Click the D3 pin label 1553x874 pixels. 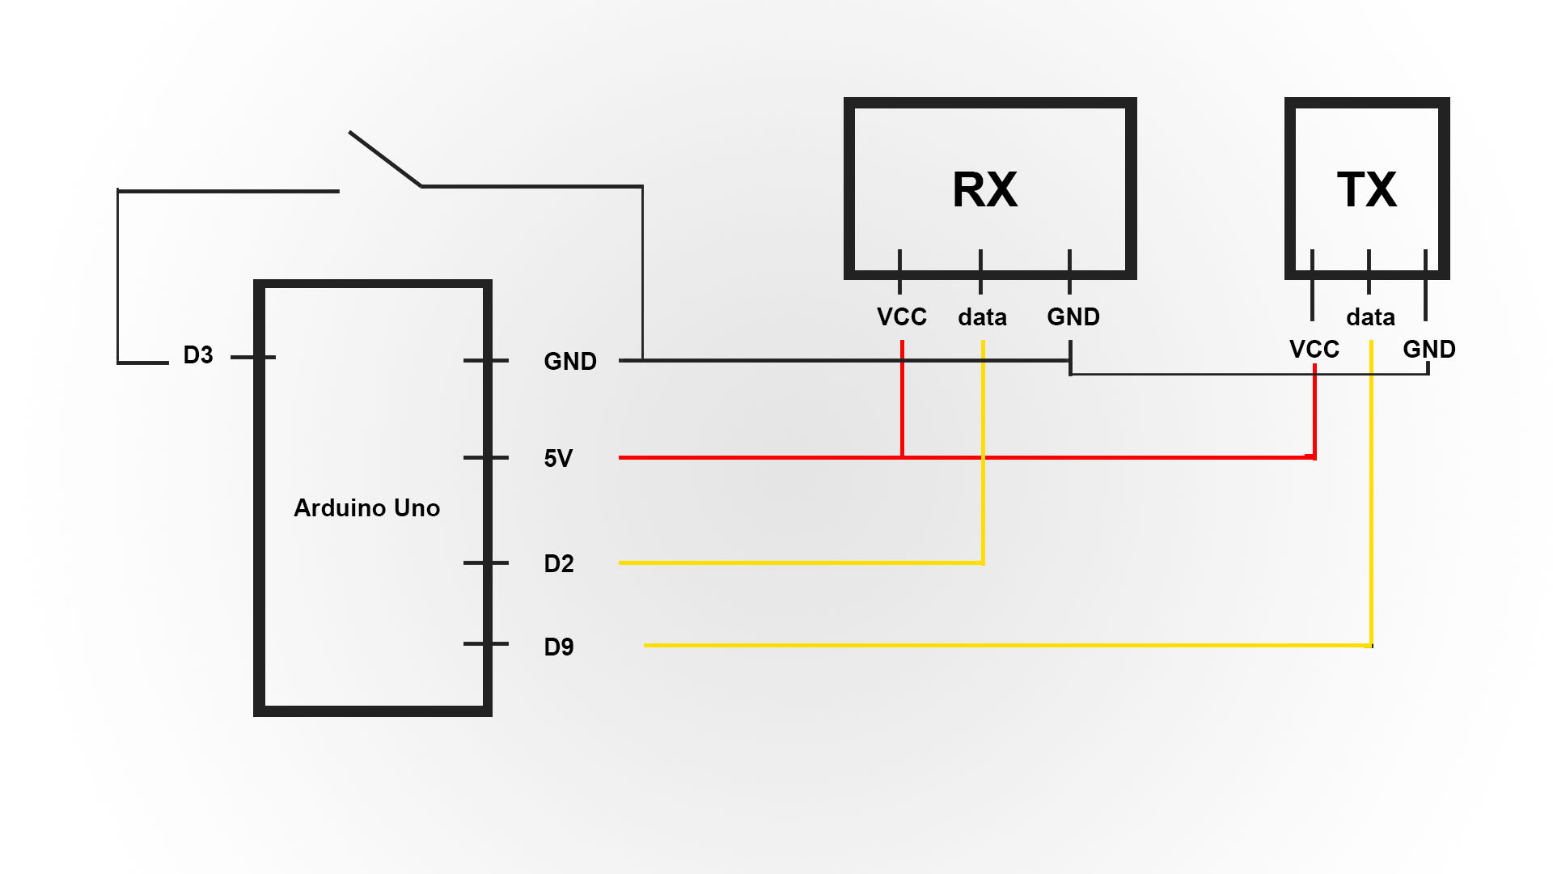coord(198,355)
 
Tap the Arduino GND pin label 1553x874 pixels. coord(570,362)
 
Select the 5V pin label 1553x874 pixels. coord(558,459)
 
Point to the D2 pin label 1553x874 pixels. coord(559,564)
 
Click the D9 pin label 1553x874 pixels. coord(559,647)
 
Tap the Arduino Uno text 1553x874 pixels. coord(367,508)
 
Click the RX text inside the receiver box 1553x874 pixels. coord(984,190)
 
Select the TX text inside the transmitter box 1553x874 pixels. coord(1367,190)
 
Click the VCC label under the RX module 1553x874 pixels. coord(902,317)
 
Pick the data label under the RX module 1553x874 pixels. coord(983,317)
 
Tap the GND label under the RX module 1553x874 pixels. coord(1073,317)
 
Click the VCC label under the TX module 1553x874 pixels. coord(1314,350)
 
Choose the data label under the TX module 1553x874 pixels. coord(1371,317)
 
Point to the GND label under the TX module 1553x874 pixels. coord(1429,350)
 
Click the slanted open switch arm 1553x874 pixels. coord(385,159)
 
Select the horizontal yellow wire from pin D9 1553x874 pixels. coord(1008,645)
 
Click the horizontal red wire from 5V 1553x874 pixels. coord(967,457)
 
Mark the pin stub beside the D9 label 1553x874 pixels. coord(486,644)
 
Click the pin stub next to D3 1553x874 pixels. coord(253,357)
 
